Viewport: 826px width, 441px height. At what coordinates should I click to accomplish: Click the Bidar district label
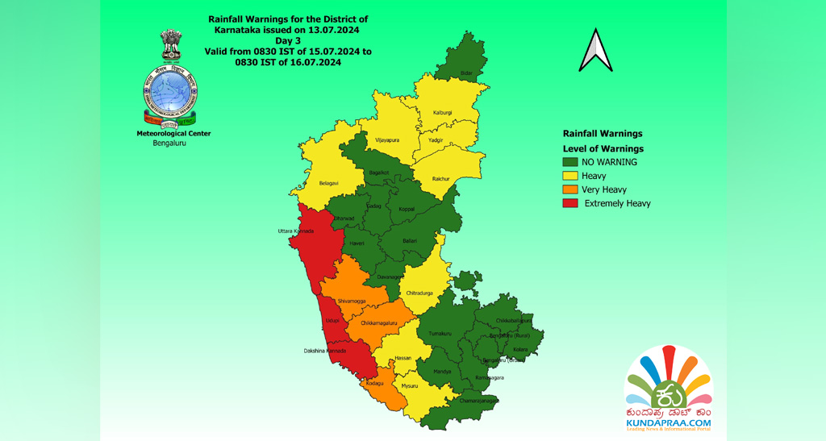(465, 73)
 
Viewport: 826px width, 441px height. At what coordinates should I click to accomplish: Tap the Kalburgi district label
(442, 112)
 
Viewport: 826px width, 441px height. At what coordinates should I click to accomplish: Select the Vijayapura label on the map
(387, 139)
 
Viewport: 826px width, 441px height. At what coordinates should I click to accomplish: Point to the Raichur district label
(441, 177)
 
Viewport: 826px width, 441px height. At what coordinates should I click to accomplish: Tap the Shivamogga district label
(352, 300)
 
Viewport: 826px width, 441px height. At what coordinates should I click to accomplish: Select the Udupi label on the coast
(332, 321)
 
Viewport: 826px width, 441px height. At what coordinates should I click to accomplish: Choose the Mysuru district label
(410, 385)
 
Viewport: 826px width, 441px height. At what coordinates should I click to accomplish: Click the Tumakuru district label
(440, 333)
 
